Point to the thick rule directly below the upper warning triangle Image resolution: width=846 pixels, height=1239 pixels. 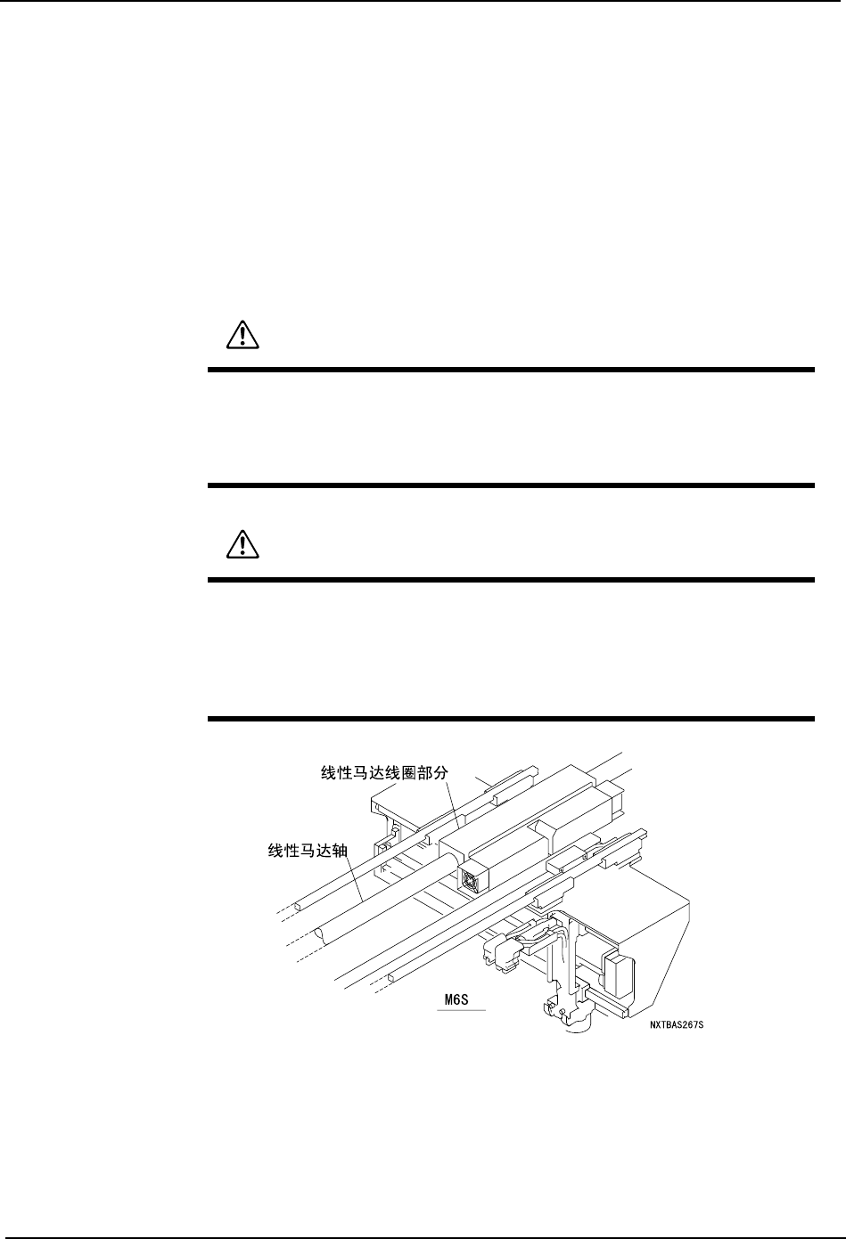click(511, 370)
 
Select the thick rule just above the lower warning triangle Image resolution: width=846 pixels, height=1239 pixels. click(511, 485)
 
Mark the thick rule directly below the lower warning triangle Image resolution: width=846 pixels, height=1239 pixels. click(511, 580)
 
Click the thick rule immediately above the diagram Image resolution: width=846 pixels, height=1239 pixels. click(511, 719)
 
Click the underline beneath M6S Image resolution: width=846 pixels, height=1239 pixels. click(464, 1011)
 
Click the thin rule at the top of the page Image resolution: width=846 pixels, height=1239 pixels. click(423, 1)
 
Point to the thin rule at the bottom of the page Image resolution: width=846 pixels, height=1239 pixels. click(423, 1235)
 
